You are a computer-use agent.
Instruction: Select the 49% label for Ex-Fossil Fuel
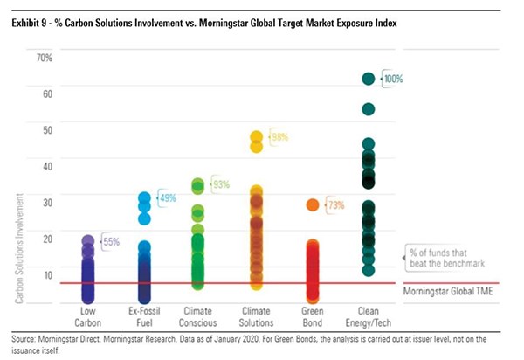pyautogui.click(x=167, y=198)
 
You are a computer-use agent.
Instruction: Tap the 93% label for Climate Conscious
pyautogui.click(x=222, y=184)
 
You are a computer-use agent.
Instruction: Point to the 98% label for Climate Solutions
pyautogui.click(x=279, y=138)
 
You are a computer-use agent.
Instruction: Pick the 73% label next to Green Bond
pyautogui.click(x=335, y=205)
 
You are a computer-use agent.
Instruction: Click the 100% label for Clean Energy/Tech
pyautogui.click(x=393, y=79)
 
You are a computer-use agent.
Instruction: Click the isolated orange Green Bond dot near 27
pyautogui.click(x=312, y=204)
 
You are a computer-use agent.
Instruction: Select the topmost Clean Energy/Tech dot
pyautogui.click(x=368, y=79)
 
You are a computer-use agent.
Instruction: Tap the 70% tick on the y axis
pyautogui.click(x=45, y=58)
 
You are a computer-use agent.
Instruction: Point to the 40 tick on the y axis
pyautogui.click(x=48, y=166)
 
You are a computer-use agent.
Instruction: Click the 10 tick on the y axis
pyautogui.click(x=48, y=274)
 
